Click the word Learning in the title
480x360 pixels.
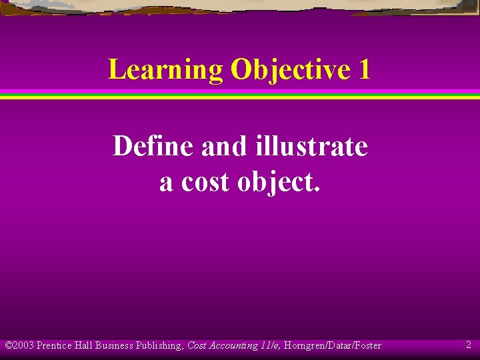[x=165, y=69]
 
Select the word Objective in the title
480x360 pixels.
[x=285, y=69]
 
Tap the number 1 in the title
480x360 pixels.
[x=363, y=69]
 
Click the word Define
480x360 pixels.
[x=153, y=146]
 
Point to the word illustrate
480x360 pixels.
[x=311, y=146]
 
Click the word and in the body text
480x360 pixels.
[x=223, y=146]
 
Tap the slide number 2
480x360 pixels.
[x=469, y=345]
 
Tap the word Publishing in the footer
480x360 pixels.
[x=159, y=345]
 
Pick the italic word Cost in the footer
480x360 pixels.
[x=197, y=345]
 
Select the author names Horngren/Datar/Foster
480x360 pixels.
[x=333, y=345]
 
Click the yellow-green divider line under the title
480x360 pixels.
[x=240, y=97]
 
